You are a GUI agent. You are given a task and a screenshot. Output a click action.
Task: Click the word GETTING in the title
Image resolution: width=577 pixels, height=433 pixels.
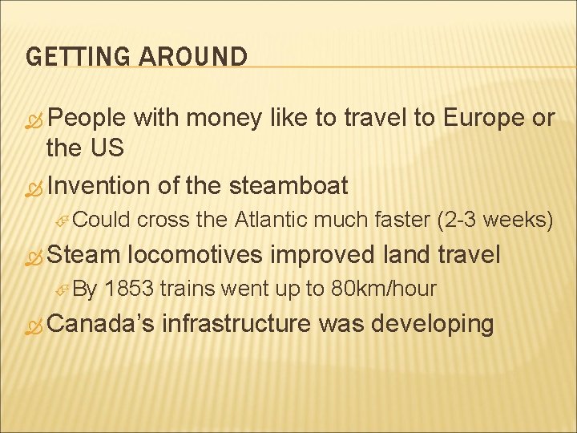coord(70,57)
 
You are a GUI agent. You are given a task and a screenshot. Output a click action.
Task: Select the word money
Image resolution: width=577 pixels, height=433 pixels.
coord(220,119)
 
